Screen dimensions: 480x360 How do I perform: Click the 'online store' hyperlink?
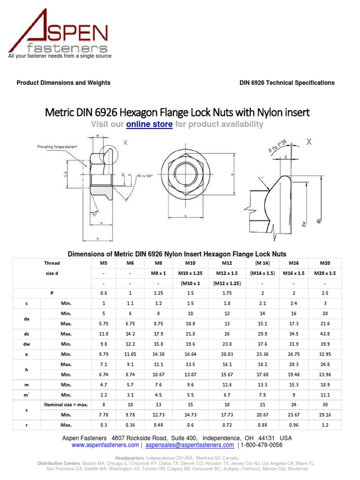point(150,124)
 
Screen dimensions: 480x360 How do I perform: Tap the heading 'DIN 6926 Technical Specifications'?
point(287,83)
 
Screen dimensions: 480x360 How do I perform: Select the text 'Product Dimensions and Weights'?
point(64,83)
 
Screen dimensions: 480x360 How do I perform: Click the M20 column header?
point(324,263)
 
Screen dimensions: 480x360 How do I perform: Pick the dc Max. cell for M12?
point(226,334)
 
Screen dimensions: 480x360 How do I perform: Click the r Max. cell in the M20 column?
point(324,425)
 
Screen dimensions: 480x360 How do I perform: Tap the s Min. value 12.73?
point(159,415)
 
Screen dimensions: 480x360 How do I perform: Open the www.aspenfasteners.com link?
point(105,445)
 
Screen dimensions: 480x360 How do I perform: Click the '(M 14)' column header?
point(262,263)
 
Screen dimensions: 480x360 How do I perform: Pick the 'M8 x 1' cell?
point(159,273)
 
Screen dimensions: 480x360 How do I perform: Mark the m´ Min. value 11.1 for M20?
point(324,395)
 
